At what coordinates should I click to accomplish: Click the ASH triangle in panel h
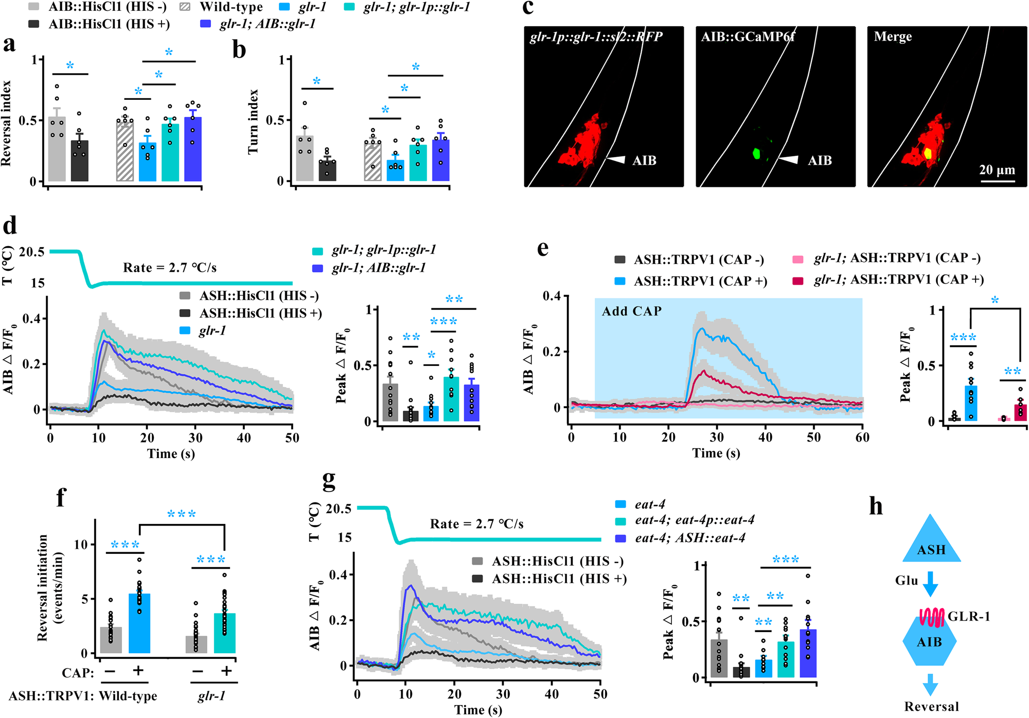click(931, 544)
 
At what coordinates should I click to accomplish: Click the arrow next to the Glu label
click(930, 583)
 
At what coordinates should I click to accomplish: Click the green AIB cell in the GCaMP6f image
click(756, 153)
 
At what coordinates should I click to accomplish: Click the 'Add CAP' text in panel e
click(631, 311)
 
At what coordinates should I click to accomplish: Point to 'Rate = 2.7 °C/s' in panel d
click(170, 268)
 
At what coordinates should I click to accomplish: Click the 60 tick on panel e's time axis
click(862, 437)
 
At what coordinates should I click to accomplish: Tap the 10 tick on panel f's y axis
click(81, 545)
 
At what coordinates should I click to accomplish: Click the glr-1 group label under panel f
click(211, 696)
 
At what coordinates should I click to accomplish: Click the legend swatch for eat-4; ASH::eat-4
click(620, 538)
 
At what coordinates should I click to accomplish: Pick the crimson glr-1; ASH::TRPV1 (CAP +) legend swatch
click(797, 280)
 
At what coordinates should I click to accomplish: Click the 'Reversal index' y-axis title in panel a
click(6, 123)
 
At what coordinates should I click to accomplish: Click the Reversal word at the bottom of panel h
click(931, 706)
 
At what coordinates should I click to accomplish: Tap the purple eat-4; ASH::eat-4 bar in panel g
click(808, 653)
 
